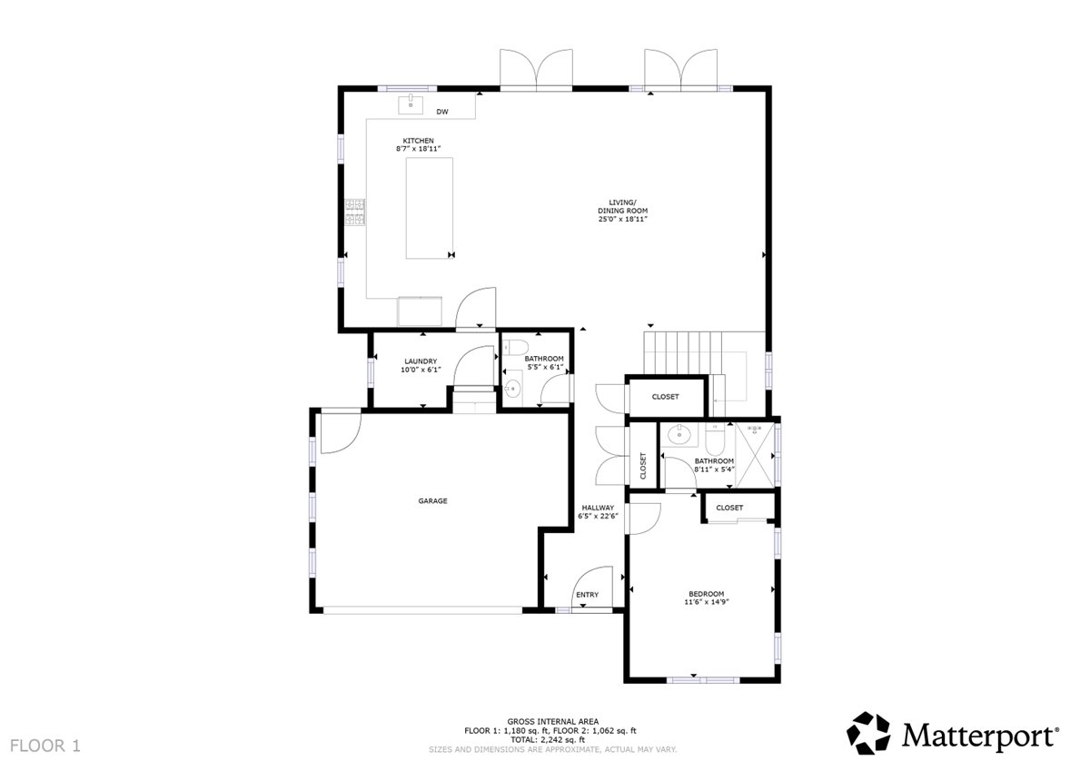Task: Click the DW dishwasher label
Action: [x=441, y=112]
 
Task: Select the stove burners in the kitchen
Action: [x=355, y=213]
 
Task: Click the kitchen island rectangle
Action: [x=430, y=208]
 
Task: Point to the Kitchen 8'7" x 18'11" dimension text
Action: [x=418, y=149]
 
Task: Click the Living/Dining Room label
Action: [x=622, y=211]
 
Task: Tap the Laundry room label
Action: [x=421, y=365]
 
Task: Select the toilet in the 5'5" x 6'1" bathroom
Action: [x=515, y=347]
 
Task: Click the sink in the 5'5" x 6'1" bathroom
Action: [x=511, y=388]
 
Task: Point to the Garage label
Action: [x=432, y=501]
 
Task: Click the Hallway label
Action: [x=598, y=512]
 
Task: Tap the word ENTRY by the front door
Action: [x=588, y=595]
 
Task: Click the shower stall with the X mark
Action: [x=754, y=455]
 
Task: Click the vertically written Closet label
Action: [x=643, y=466]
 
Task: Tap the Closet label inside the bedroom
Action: [x=729, y=508]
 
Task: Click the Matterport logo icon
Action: [x=868, y=733]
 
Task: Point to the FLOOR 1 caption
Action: [x=45, y=746]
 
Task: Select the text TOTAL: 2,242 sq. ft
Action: [x=548, y=740]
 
